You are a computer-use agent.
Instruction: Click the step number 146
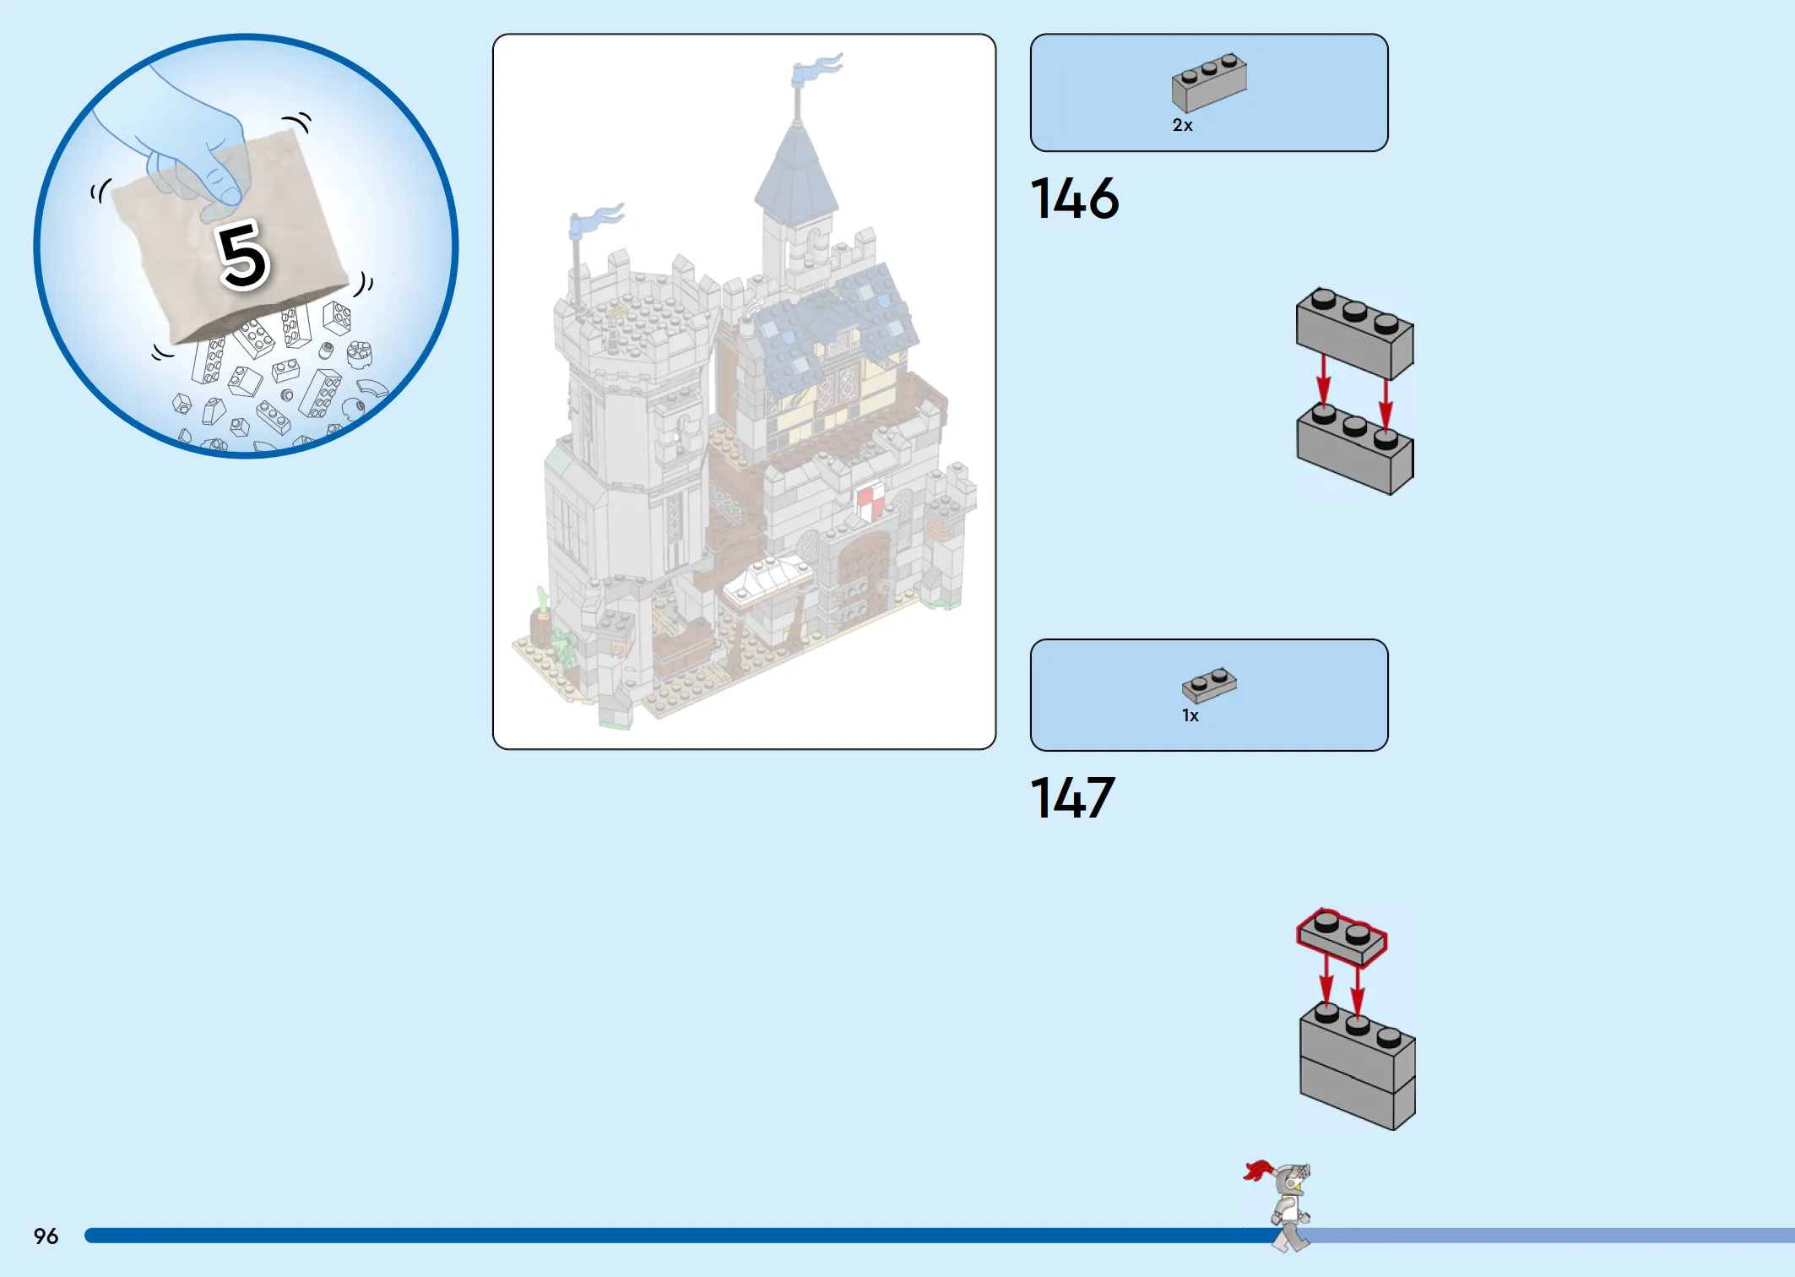(x=1074, y=199)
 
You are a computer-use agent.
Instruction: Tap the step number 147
(x=1072, y=798)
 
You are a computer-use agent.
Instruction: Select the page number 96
(x=46, y=1236)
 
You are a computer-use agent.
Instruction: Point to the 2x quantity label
(x=1182, y=125)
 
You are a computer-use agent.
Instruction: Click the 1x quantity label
(x=1190, y=715)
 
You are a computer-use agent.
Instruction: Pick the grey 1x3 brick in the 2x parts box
(x=1209, y=82)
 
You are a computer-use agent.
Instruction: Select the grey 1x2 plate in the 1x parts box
(x=1209, y=685)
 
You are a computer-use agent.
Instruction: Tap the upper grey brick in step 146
(x=1355, y=333)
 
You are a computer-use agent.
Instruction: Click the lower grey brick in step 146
(x=1355, y=448)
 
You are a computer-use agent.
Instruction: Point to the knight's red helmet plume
(x=1258, y=1170)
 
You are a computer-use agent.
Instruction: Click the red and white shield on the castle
(x=870, y=502)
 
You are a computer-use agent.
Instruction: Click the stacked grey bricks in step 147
(x=1358, y=1066)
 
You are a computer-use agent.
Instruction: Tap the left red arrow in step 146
(x=1324, y=382)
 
